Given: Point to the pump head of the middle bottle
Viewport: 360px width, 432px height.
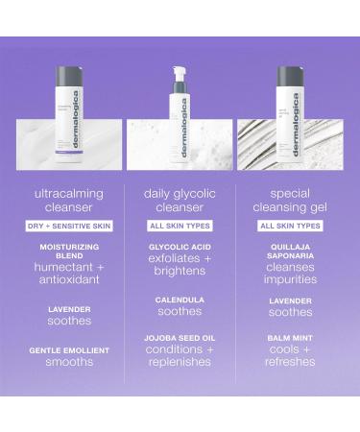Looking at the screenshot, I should click(179, 72).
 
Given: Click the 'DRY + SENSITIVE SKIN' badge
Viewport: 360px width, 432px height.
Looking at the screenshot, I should click(69, 226).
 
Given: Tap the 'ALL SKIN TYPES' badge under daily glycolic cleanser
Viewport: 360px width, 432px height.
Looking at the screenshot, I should click(180, 226).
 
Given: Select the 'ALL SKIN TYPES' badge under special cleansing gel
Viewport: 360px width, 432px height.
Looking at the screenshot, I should click(289, 226).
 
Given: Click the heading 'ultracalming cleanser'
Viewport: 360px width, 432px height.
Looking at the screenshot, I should click(69, 200).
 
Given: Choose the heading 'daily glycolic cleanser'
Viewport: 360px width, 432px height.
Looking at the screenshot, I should click(180, 200).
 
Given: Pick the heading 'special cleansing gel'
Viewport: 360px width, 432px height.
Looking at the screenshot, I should click(289, 200).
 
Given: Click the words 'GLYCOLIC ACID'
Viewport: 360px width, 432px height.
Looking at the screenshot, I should click(180, 247).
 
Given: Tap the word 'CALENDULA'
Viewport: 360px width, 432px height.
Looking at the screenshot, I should click(180, 300).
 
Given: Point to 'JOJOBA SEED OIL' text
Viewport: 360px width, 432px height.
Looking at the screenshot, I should click(180, 338).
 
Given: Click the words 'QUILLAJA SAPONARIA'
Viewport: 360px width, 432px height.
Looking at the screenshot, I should click(289, 252).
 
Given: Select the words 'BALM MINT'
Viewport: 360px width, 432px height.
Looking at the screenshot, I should click(289, 338).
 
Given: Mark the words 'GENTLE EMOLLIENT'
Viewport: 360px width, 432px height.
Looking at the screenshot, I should click(69, 350).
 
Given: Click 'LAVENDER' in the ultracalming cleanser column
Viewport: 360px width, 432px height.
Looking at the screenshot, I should click(69, 309).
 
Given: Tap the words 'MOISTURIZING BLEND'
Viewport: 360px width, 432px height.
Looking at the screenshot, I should click(69, 252).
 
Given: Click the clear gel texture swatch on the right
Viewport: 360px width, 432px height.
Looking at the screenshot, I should click(289, 144).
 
